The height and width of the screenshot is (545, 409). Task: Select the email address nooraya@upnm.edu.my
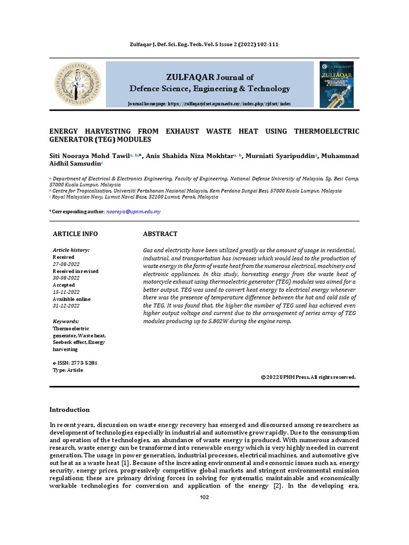[x=133, y=211]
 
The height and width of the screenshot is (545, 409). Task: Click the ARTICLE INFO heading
[x=75, y=234]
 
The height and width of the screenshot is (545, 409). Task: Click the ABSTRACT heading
[x=160, y=234]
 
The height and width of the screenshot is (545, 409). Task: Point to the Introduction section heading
[x=70, y=409]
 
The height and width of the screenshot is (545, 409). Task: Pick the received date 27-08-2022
[x=66, y=264]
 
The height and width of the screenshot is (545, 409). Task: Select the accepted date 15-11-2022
[x=66, y=292]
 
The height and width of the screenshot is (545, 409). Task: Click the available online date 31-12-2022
[x=66, y=306]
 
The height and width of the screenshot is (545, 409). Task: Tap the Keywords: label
[x=66, y=321]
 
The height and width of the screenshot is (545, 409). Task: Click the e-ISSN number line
[x=75, y=363]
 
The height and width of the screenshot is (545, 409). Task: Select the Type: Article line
[x=68, y=370]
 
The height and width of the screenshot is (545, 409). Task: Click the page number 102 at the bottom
[x=204, y=497]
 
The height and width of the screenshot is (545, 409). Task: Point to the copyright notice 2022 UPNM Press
[x=308, y=377]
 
